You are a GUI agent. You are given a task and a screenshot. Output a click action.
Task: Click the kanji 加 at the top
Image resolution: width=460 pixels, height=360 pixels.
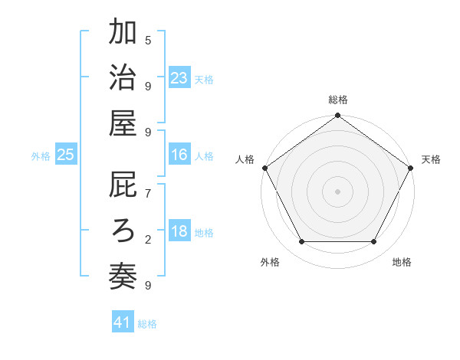pos(123,34)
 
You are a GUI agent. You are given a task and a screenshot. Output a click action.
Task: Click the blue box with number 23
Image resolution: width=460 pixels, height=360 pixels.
pos(179,78)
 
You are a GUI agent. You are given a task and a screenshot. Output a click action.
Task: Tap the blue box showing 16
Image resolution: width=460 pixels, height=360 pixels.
pos(179,155)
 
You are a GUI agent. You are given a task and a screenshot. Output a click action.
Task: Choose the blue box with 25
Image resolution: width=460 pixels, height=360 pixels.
pos(66,155)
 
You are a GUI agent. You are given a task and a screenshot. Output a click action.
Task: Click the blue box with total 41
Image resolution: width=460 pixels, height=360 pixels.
pos(123,323)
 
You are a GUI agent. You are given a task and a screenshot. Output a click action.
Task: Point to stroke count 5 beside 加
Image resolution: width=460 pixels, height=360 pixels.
pos(148,40)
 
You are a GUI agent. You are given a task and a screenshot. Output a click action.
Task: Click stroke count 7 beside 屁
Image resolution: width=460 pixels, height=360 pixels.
pos(148,195)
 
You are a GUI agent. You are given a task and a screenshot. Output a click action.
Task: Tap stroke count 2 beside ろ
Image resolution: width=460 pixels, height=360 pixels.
pos(148,240)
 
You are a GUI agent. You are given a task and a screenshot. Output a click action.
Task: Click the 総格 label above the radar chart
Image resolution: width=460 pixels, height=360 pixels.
pos(338,100)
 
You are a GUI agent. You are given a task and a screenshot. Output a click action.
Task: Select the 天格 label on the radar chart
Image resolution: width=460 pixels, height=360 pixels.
pos(432,159)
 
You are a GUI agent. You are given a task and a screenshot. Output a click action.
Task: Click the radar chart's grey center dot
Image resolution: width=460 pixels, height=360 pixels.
pos(338,191)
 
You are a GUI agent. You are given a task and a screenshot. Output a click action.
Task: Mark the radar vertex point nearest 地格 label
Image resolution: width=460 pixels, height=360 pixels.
pos(374,242)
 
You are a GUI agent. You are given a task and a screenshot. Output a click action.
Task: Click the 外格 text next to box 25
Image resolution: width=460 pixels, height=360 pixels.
pos(41,156)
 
